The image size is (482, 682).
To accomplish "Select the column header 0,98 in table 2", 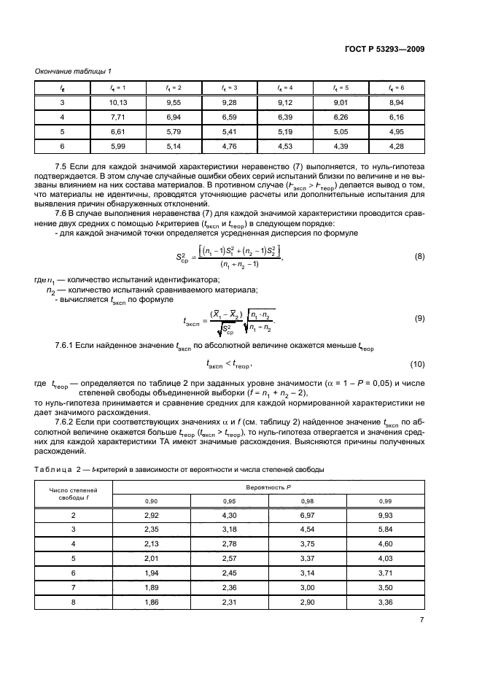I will [306, 501].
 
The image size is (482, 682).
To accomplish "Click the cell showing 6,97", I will [306, 515].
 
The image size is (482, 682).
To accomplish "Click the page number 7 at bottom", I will [421, 640].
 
